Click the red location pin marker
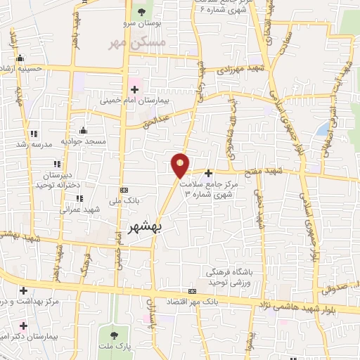point(181,165)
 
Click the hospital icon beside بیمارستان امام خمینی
point(134,89)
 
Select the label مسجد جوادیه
point(83,141)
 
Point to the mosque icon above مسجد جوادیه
point(83,130)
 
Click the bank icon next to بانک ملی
point(124,190)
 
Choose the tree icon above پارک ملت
point(115,332)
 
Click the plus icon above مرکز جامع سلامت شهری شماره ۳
point(209,172)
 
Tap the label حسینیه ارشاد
point(22,69)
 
